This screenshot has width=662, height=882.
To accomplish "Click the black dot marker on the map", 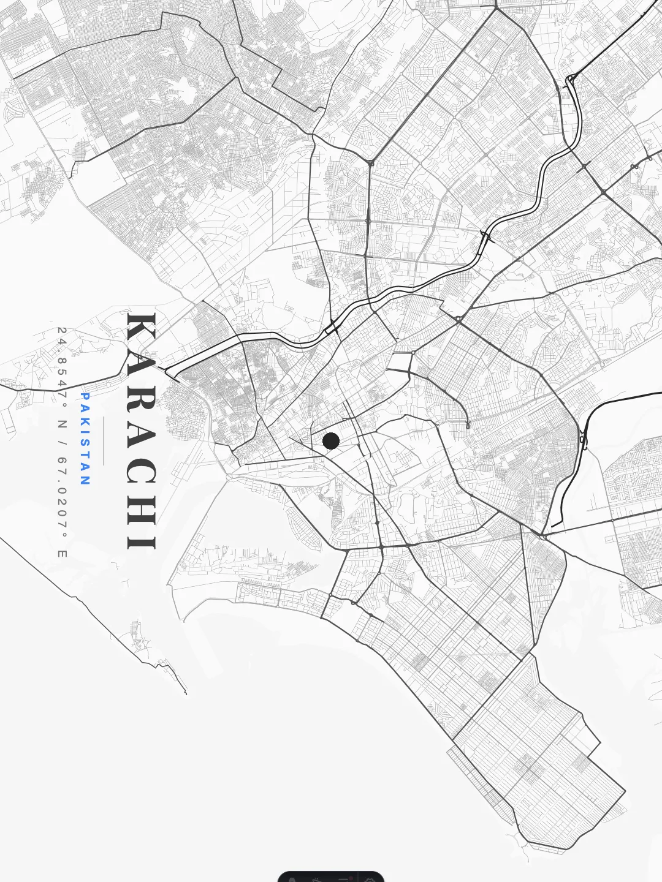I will click(331, 440).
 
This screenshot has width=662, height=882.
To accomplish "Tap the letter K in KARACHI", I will click(142, 331).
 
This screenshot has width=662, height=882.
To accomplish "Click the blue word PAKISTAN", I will click(85, 439).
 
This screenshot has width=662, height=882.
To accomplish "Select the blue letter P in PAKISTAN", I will click(85, 397).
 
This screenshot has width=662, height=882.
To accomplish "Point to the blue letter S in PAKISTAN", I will click(85, 442).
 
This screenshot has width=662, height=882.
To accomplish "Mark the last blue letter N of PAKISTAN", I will click(85, 481).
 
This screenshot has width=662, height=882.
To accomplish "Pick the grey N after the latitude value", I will click(62, 423).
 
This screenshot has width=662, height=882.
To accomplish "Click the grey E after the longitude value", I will click(62, 554).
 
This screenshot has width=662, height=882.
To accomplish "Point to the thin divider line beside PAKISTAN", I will click(104, 441).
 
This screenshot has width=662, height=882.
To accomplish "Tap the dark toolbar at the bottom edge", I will click(331, 876).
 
